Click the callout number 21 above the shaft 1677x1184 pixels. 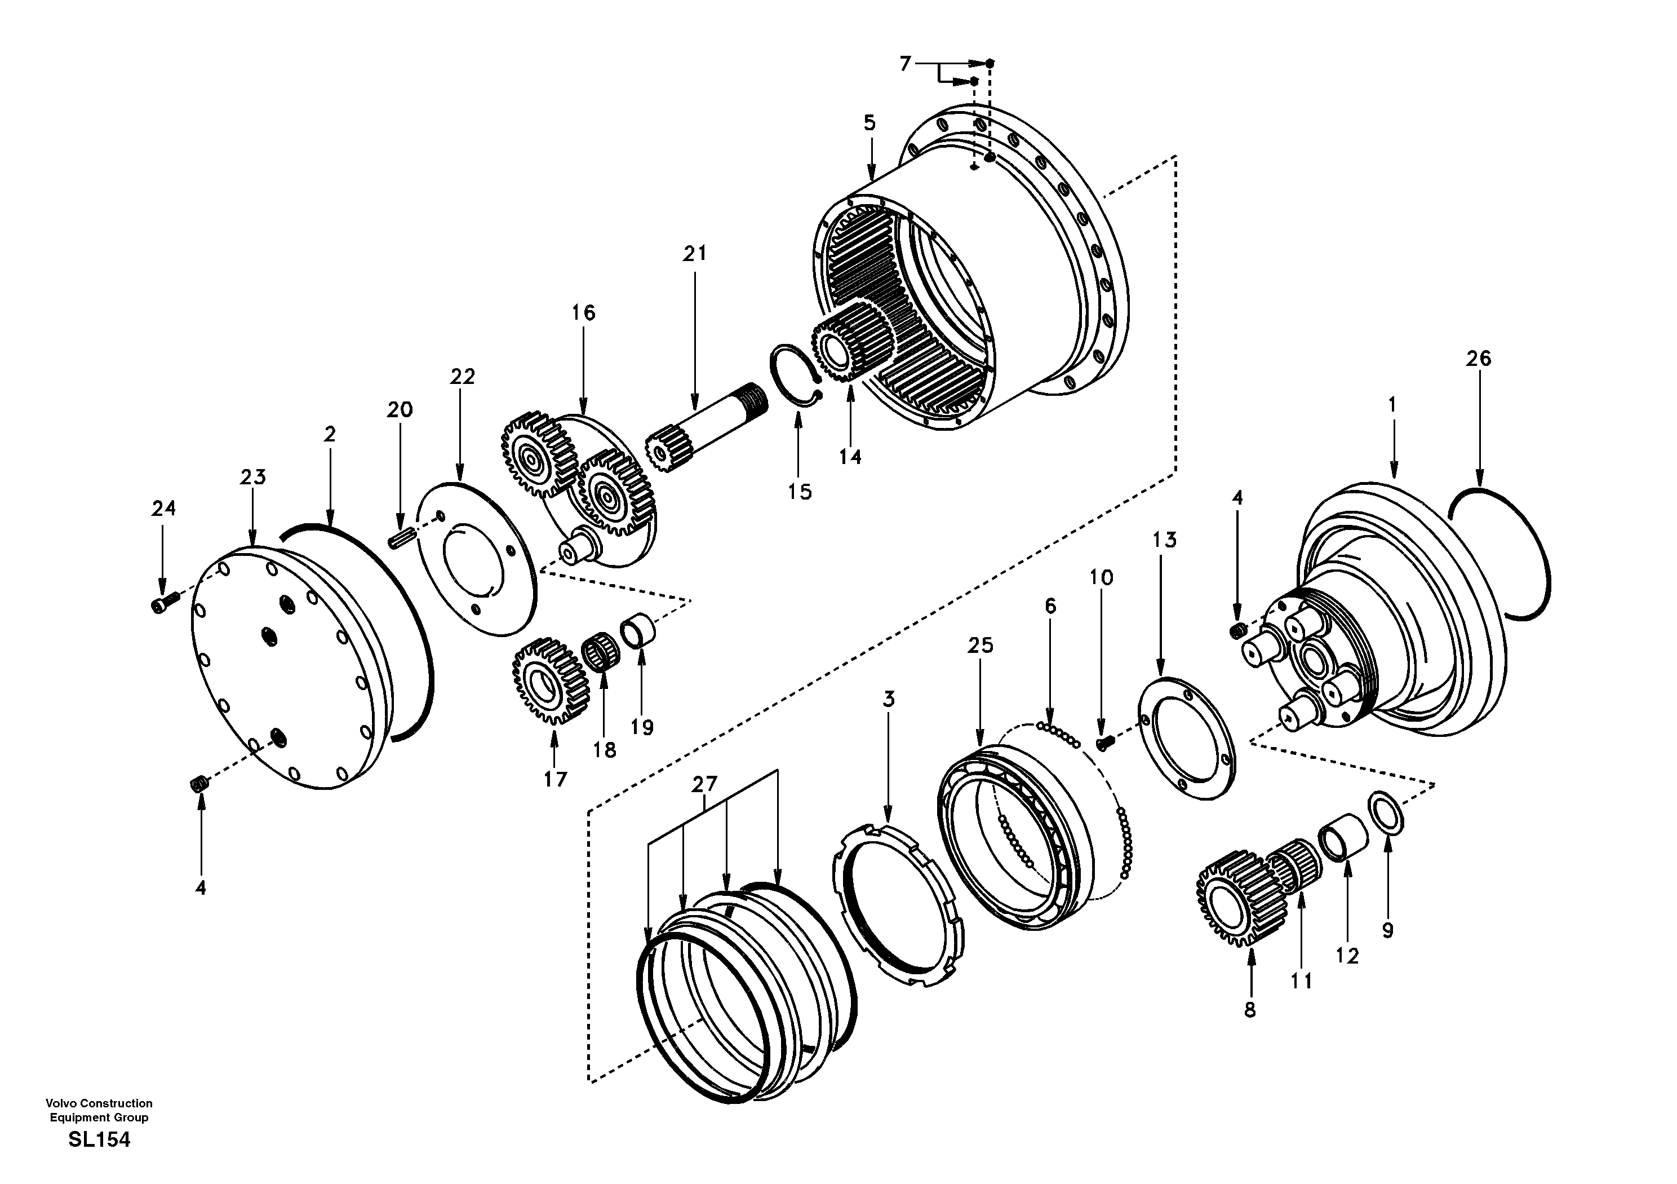[695, 254]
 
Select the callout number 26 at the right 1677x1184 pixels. [1478, 358]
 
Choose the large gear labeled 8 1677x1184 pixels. [1235, 898]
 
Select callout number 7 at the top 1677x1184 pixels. [905, 64]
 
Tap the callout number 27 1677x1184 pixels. [705, 784]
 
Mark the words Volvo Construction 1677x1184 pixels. [99, 1103]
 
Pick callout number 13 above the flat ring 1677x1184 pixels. [1165, 540]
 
